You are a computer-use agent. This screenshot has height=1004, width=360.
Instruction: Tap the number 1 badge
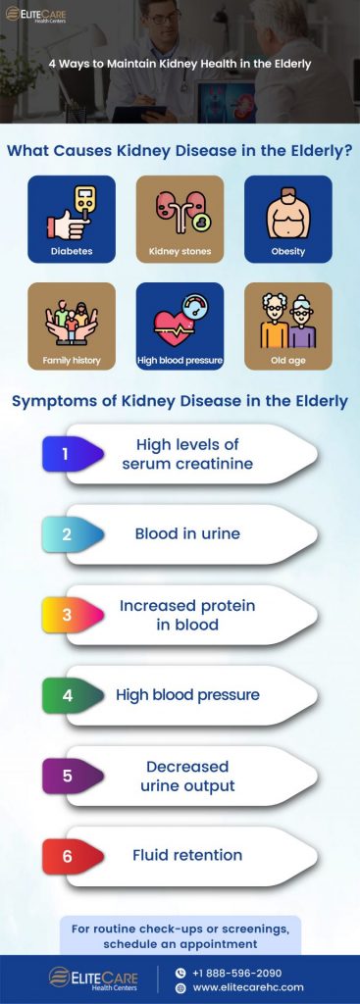click(69, 454)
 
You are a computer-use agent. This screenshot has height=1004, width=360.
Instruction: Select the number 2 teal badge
click(69, 534)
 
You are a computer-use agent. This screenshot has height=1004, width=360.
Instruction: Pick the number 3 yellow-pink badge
click(69, 615)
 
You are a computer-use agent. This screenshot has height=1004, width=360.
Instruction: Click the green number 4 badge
click(69, 695)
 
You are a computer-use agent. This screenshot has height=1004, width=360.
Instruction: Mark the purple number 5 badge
click(69, 776)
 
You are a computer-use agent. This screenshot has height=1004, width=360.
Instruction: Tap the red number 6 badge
click(69, 856)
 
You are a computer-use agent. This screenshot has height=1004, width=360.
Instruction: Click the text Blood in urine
click(187, 534)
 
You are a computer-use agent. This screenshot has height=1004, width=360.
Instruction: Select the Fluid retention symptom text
click(187, 855)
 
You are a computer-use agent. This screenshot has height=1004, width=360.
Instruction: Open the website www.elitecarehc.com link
click(247, 987)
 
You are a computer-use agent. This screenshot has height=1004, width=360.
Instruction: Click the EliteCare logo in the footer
click(93, 979)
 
